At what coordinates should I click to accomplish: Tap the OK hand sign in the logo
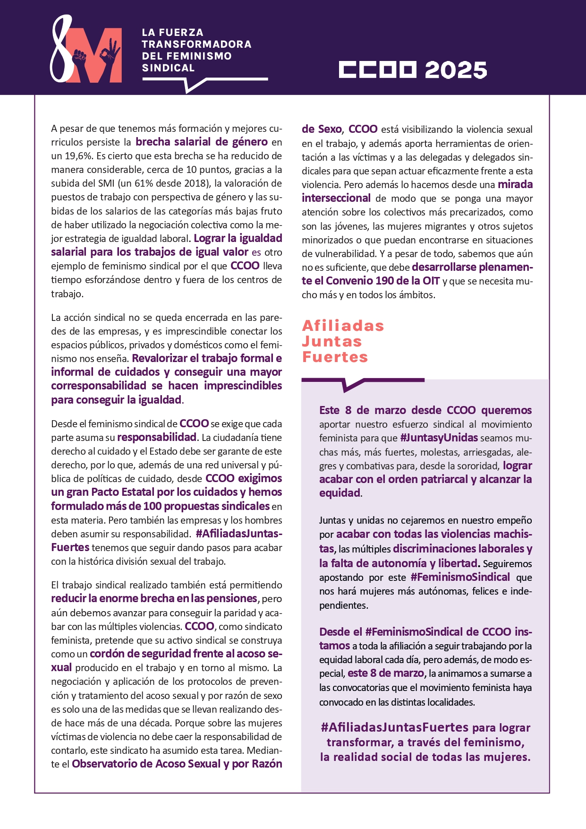point(111,52)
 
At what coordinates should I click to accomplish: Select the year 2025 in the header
point(456,70)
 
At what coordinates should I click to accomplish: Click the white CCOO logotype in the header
point(377,69)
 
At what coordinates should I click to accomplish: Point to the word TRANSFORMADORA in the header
point(196,44)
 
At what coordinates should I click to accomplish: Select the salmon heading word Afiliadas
point(343,326)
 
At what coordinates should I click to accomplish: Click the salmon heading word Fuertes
point(335,357)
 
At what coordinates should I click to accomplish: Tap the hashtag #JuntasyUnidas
point(439,438)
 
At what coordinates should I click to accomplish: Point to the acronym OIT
point(431,281)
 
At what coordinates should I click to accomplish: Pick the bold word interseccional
point(336,198)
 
